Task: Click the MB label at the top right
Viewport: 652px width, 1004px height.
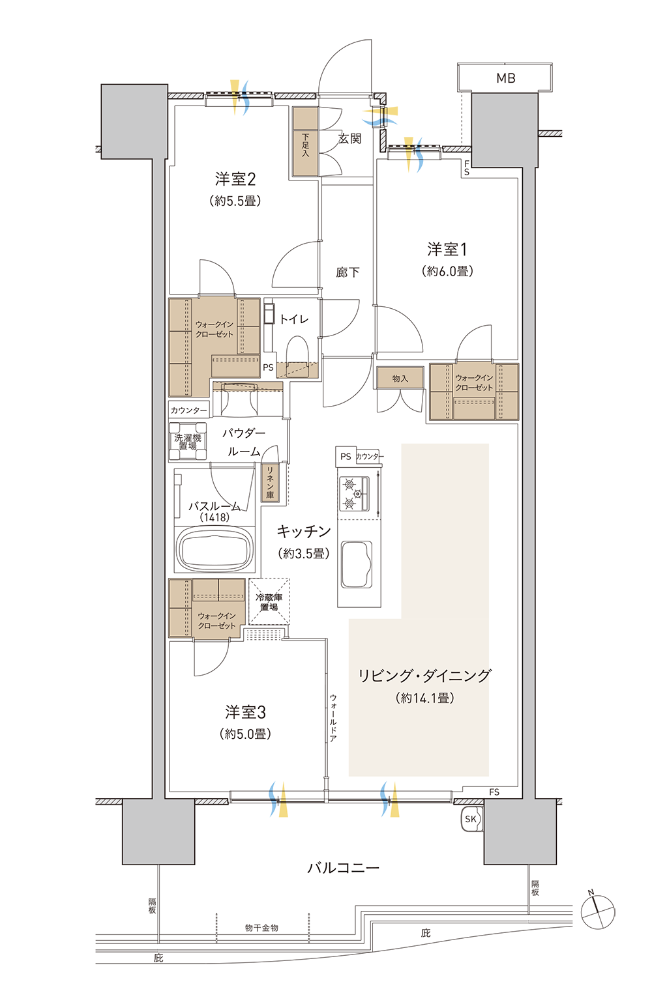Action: (505, 78)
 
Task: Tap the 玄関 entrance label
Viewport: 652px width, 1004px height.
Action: (349, 139)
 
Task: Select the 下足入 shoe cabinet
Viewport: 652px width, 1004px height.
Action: (305, 141)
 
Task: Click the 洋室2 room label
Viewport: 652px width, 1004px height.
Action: (235, 179)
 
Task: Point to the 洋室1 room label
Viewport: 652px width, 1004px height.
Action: (447, 249)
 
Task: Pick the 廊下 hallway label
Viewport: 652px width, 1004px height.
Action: (348, 272)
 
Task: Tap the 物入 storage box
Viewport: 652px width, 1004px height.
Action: (400, 378)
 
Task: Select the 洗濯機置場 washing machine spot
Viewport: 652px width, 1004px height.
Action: (188, 442)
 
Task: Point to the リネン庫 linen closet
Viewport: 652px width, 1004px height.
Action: (270, 482)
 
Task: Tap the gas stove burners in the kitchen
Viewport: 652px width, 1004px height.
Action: (353, 494)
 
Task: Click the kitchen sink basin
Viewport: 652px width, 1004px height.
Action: (357, 565)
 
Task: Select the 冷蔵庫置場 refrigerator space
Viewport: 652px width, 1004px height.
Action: (269, 601)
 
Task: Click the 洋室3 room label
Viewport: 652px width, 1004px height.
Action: (245, 711)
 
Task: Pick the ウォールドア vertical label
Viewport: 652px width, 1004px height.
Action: (333, 717)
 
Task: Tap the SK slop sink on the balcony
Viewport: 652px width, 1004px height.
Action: (471, 819)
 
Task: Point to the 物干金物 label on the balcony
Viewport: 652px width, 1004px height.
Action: (261, 927)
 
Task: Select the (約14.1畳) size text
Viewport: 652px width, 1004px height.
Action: (425, 697)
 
